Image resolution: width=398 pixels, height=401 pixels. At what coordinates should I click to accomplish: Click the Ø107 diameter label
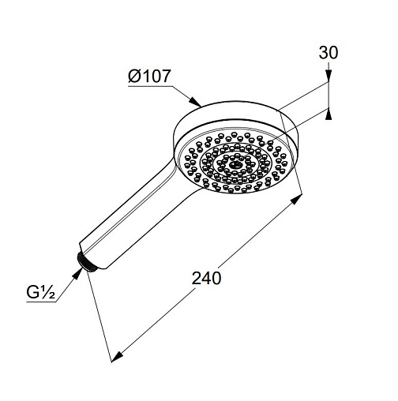pyautogui.click(x=149, y=76)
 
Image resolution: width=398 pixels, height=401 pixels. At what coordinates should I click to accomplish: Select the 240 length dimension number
pyautogui.click(x=206, y=279)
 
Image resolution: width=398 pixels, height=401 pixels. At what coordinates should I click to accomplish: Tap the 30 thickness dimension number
pyautogui.click(x=328, y=53)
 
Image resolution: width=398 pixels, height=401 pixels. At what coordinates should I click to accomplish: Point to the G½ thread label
pyautogui.click(x=41, y=293)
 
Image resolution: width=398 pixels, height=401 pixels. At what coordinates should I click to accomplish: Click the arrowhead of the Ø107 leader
pyautogui.click(x=196, y=102)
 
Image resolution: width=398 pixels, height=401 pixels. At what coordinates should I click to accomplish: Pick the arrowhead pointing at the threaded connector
pyautogui.click(x=77, y=274)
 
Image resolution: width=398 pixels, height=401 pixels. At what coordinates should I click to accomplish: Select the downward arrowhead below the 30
pyautogui.click(x=329, y=75)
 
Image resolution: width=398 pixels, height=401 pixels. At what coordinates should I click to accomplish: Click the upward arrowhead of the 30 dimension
pyautogui.click(x=328, y=114)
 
